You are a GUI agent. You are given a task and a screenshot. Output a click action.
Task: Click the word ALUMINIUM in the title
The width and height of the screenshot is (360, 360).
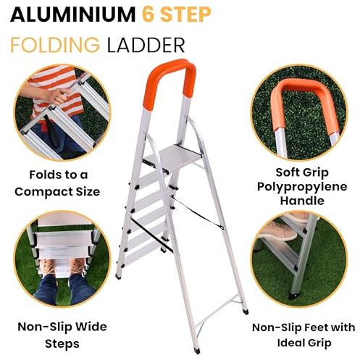[x=72, y=15]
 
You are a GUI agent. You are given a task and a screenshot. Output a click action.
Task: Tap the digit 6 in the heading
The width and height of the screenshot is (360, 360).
[x=148, y=15]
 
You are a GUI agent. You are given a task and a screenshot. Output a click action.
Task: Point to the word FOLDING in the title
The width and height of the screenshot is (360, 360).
[x=55, y=45]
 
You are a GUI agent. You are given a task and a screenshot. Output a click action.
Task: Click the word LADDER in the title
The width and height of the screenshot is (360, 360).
[x=146, y=45]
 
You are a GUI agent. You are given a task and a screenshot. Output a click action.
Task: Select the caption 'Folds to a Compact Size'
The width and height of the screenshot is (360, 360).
[x=57, y=183]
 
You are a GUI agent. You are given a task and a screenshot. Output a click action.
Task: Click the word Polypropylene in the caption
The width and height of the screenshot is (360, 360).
[x=302, y=187]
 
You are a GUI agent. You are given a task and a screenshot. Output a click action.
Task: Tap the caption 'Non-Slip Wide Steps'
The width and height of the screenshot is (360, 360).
[x=62, y=335]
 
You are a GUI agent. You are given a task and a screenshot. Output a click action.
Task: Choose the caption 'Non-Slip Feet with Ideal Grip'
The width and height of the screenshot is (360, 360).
[x=304, y=335]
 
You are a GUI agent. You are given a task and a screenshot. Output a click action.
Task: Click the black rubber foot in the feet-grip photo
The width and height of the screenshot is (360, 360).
[x=293, y=296]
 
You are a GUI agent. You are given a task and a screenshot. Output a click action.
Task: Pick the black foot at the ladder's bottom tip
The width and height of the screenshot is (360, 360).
[x=197, y=351]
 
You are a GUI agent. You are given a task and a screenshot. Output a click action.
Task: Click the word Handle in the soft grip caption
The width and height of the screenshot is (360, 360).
[x=302, y=201]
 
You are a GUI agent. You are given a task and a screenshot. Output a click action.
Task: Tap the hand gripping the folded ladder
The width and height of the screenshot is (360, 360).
[x=56, y=96]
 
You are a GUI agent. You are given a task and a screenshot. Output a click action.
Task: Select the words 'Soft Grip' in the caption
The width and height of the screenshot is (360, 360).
[x=302, y=173]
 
